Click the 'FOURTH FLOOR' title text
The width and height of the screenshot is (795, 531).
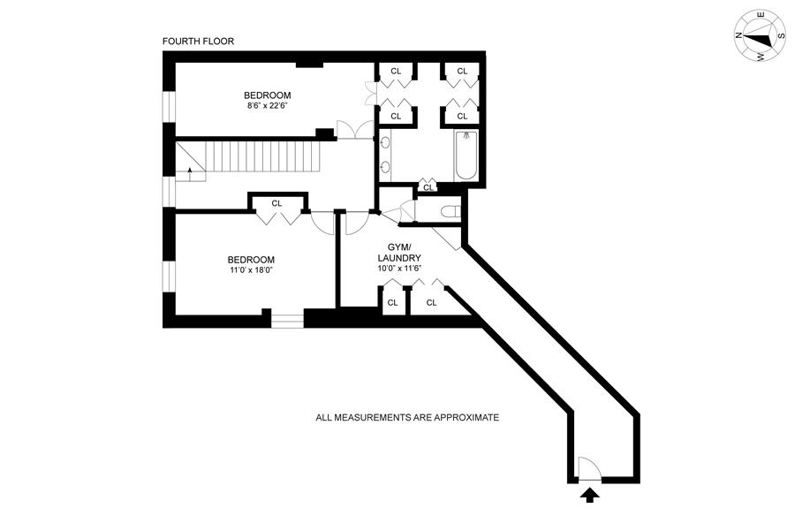[x=198, y=42]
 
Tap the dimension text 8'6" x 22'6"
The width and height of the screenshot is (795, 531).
[x=267, y=107]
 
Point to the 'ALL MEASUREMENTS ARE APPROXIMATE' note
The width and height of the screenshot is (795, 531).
[x=407, y=417]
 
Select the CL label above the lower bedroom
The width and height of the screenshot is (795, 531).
[x=276, y=203]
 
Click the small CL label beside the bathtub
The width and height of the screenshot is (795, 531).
[x=428, y=187]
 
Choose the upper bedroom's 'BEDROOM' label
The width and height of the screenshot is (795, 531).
[x=267, y=95]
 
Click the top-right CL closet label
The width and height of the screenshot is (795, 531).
[x=462, y=71]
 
